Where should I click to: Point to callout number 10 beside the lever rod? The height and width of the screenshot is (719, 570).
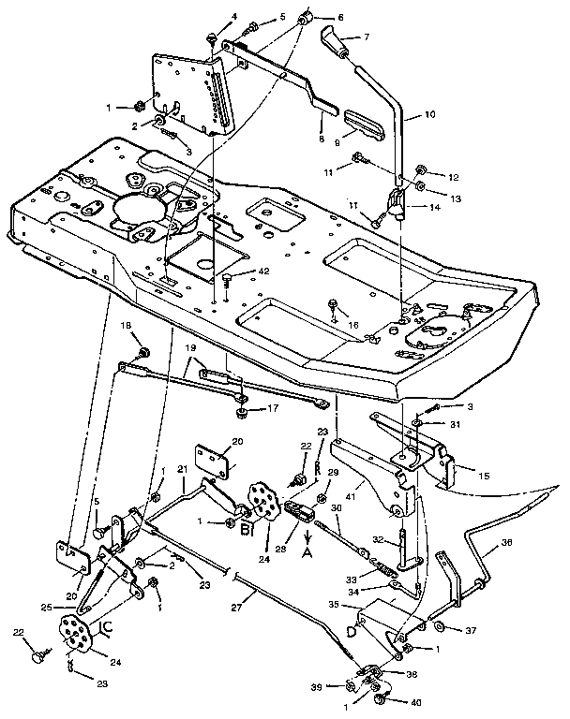[x=430, y=115]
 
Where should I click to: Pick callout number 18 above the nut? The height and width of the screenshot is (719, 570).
[x=126, y=325]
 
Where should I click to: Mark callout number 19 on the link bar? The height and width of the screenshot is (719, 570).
[x=190, y=347]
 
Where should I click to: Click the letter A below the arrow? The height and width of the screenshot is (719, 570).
[x=307, y=552]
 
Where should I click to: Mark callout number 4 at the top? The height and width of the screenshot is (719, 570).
[x=208, y=16]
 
